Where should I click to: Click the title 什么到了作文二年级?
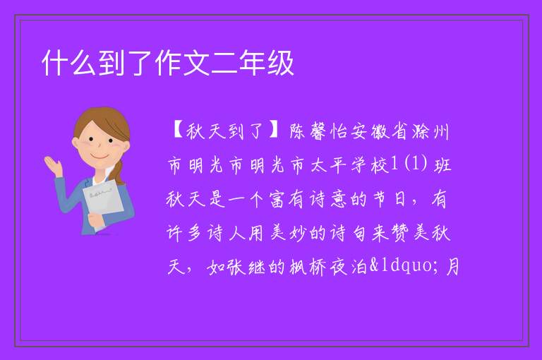pyautogui.click(x=168, y=63)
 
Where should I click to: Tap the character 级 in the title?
pyautogui.click(x=280, y=63)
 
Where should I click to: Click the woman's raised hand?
pyautogui.click(x=54, y=166)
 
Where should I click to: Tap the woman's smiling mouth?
pyautogui.click(x=100, y=157)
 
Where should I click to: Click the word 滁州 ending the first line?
pyautogui.click(x=430, y=131)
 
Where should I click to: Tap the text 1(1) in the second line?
pyautogui.click(x=409, y=164)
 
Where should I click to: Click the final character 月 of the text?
pyautogui.click(x=452, y=267)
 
